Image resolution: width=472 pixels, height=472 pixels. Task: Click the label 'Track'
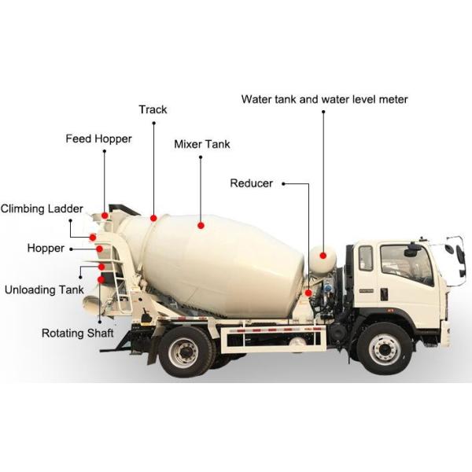coord(153,109)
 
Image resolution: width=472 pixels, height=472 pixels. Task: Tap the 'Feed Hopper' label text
coord(98,139)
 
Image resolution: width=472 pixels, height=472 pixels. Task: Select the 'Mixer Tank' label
coord(201,144)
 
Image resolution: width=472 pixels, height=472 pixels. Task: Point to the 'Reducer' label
coord(251,183)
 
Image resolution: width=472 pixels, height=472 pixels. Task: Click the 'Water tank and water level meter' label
coord(324,99)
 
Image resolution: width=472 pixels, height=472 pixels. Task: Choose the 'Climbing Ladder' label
coord(42,208)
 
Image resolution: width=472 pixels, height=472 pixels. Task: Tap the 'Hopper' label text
coord(46,248)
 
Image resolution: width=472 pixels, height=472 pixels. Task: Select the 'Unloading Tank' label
coord(44,289)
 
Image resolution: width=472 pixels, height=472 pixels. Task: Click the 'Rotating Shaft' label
coord(77,333)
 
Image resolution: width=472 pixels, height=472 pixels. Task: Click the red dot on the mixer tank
coord(201,225)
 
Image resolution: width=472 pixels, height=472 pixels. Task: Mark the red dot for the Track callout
coord(153,218)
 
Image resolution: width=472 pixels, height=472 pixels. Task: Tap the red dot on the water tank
coord(323,256)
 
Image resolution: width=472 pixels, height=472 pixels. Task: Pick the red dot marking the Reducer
coord(308,293)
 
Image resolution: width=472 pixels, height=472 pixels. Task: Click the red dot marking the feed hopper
coord(105,215)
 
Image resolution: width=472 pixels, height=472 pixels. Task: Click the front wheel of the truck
coord(384,348)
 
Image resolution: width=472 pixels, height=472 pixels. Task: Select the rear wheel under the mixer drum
coord(186,351)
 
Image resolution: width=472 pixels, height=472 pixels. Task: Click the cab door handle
coord(384,293)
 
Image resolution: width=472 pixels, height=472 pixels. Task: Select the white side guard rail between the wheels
coord(274,337)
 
